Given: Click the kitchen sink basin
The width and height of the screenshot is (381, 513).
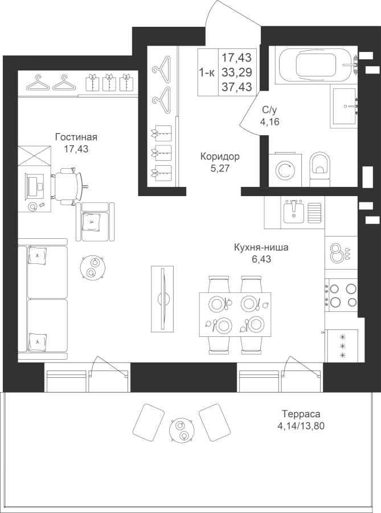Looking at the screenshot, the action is click(294, 211).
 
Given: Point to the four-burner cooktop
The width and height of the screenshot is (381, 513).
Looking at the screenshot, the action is click(341, 295).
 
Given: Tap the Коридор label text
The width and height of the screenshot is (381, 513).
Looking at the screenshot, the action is click(220, 156).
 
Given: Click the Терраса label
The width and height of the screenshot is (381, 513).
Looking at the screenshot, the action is click(301, 414).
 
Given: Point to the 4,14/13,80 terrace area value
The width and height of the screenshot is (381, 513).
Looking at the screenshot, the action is click(301, 426).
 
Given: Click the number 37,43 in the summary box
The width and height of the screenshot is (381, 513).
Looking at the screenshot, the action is click(237, 87).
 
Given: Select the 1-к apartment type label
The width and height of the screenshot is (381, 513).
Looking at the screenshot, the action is click(207, 73).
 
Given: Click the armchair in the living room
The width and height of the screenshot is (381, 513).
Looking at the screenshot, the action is click(95, 222).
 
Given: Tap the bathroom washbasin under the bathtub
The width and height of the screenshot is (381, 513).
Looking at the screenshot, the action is click(345, 107).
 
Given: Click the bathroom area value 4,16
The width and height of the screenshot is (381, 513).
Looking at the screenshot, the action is click(269, 122).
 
